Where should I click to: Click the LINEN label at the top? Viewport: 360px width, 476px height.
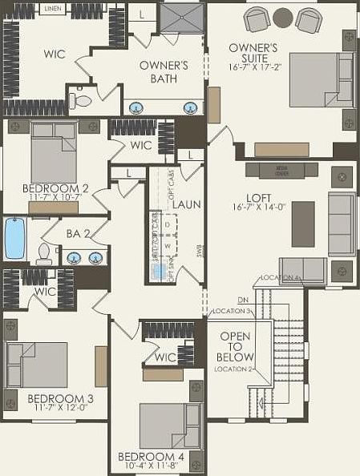[53, 8]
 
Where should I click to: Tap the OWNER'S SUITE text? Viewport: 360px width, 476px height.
[253, 54]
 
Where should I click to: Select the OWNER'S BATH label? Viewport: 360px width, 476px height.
[164, 72]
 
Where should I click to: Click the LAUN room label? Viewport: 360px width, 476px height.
[186, 204]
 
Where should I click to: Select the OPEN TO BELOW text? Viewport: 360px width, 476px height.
[235, 346]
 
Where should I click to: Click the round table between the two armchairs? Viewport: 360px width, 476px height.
[283, 17]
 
